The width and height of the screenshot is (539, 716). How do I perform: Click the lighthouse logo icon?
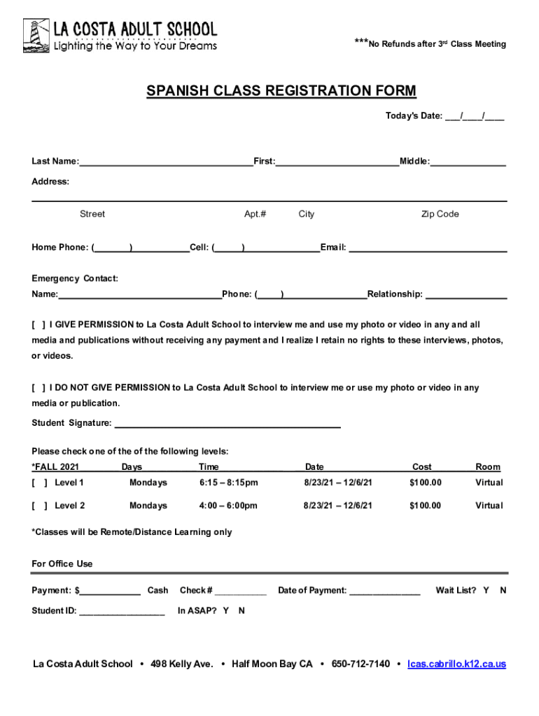pos(36,36)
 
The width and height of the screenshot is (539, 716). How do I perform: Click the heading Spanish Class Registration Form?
pos(281,92)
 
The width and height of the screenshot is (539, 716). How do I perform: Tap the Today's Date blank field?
pos(474,116)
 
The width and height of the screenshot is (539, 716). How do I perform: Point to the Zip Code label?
pos(440,214)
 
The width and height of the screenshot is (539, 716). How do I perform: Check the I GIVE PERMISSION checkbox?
pos(38,325)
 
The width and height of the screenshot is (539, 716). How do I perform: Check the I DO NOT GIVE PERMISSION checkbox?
pos(38,388)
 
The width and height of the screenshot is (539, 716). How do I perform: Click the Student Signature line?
pos(227,424)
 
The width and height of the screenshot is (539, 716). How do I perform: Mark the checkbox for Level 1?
pos(38,482)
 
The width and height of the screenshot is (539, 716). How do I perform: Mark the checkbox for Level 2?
pos(38,506)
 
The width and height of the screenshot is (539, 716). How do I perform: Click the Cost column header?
pos(422,466)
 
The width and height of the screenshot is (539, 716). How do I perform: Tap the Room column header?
pos(488,466)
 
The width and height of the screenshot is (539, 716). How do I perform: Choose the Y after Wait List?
pos(486,590)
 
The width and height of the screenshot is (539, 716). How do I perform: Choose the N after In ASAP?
pos(241,610)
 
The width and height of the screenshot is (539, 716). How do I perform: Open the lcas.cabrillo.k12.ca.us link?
pos(456,664)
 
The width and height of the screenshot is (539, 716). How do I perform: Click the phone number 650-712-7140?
pos(360,664)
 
